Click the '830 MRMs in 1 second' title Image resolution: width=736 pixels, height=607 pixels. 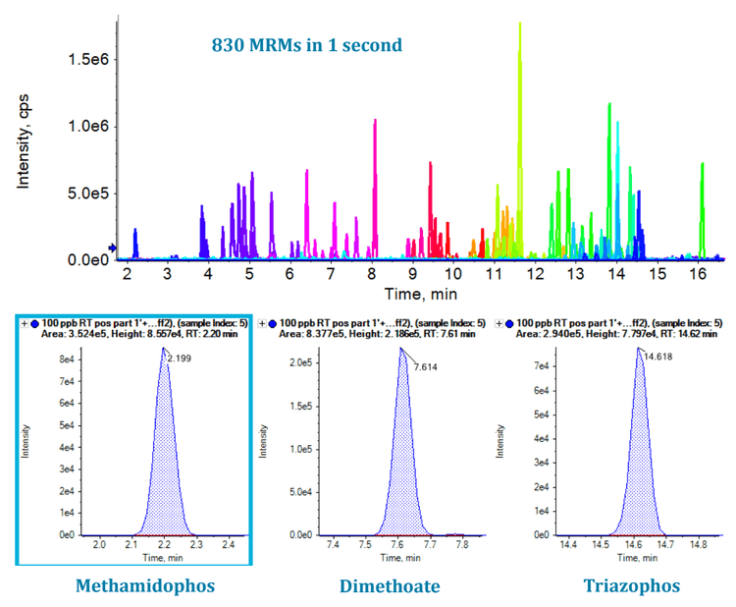(307, 45)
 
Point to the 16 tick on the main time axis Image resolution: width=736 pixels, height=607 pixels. (696, 274)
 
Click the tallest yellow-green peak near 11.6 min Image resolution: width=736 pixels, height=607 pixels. (519, 26)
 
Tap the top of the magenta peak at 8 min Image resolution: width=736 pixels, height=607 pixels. (375, 121)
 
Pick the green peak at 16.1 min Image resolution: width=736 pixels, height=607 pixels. (702, 165)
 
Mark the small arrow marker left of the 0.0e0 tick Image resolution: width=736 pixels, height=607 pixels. (113, 248)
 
